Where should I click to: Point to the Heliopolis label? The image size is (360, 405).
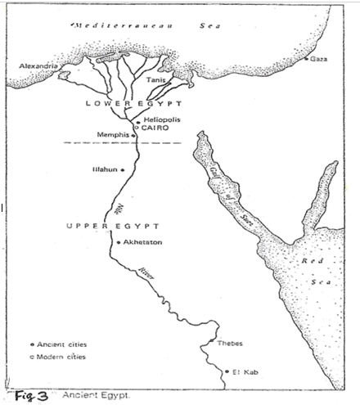pyautogui.click(x=163, y=120)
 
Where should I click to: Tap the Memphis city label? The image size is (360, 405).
pyautogui.click(x=115, y=135)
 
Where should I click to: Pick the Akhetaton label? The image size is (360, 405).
pyautogui.click(x=143, y=242)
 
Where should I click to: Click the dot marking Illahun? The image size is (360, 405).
pyautogui.click(x=123, y=170)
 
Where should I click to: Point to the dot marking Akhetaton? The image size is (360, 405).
pyautogui.click(x=120, y=242)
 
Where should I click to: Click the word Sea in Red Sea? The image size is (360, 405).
pyautogui.click(x=316, y=282)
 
